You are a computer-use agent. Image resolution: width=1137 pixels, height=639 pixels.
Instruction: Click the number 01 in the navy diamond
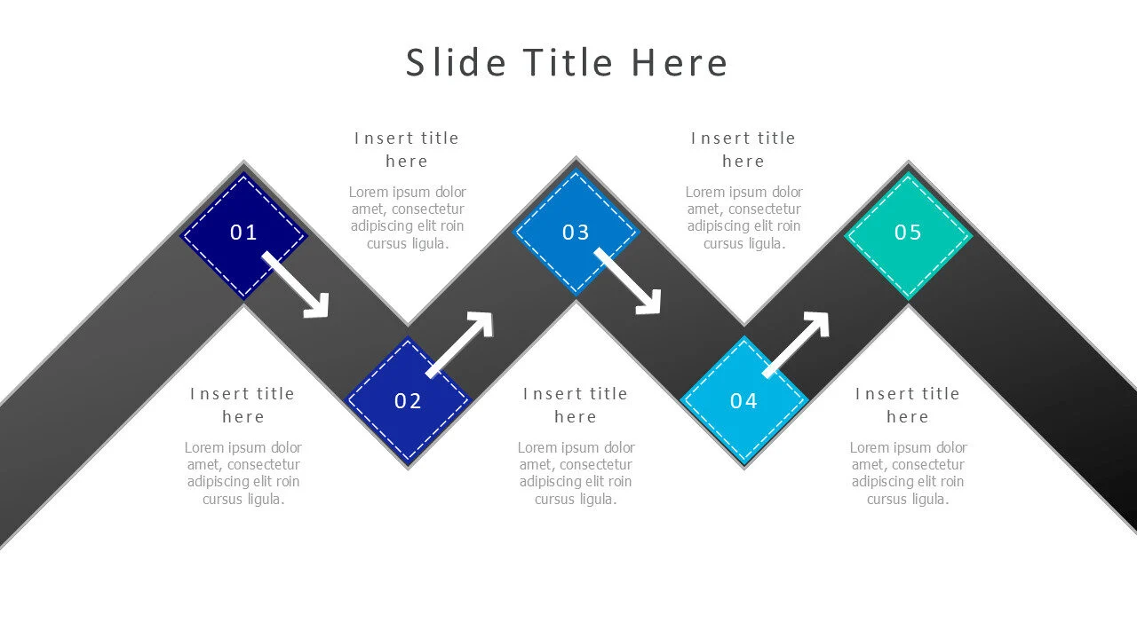click(x=243, y=233)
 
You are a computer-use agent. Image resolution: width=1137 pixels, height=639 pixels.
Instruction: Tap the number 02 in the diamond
click(x=408, y=401)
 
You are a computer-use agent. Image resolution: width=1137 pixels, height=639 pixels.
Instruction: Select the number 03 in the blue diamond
click(x=576, y=233)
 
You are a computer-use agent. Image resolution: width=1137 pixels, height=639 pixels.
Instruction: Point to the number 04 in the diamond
click(x=743, y=401)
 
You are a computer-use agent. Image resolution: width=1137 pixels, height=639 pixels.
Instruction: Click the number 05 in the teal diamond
click(x=908, y=233)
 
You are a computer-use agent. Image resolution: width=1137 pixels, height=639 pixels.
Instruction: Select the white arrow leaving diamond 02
click(x=460, y=345)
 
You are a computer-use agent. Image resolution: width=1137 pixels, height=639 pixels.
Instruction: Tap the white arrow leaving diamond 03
click(x=628, y=281)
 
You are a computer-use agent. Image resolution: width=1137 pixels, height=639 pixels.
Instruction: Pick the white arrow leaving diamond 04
click(x=796, y=345)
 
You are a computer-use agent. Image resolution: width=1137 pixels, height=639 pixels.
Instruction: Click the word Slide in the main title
click(x=456, y=63)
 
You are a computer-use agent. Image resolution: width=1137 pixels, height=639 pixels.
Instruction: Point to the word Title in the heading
click(x=568, y=63)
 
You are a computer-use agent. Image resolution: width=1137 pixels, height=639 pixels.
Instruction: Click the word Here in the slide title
click(x=680, y=63)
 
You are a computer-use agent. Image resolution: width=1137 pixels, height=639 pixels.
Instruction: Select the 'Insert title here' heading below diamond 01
click(x=243, y=405)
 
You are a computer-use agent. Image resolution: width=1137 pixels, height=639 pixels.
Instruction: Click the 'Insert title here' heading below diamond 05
click(x=908, y=405)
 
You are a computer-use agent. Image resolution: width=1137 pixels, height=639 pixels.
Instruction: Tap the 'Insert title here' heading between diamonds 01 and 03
click(x=407, y=149)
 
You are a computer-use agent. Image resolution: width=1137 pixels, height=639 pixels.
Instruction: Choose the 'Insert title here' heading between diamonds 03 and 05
click(x=743, y=149)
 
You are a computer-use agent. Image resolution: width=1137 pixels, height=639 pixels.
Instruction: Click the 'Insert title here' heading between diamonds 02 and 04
click(x=575, y=405)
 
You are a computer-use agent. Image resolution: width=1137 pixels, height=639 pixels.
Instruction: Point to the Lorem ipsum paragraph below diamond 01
click(x=243, y=473)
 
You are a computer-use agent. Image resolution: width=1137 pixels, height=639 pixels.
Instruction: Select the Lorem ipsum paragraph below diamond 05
click(x=908, y=473)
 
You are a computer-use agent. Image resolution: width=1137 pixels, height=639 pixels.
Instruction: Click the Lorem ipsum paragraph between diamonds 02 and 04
click(x=576, y=473)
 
